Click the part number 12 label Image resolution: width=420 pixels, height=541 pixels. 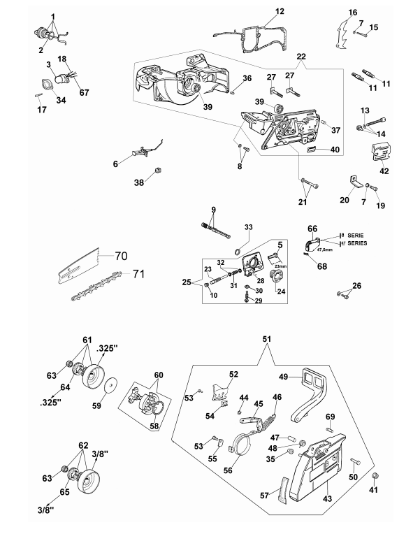pos(280,11)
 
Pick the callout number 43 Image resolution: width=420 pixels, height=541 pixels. pos(327,498)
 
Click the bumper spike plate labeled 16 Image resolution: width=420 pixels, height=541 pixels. pos(342,34)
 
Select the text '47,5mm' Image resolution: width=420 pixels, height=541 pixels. pos(325,250)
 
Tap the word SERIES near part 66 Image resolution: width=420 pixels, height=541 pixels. pos(357,243)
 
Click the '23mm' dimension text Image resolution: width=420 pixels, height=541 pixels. pos(280,266)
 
